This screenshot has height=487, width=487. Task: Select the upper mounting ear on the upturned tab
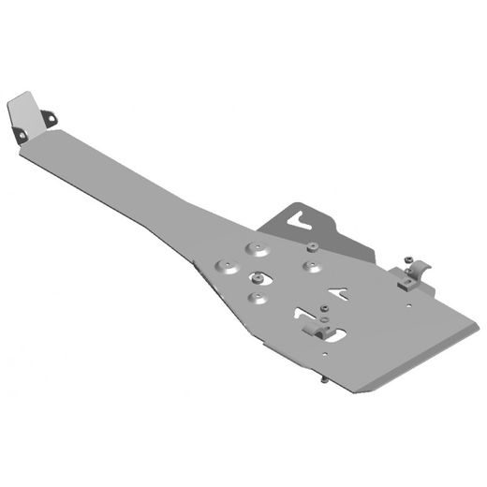(x=50, y=116)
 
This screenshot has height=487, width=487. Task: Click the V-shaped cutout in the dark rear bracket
(x=302, y=223)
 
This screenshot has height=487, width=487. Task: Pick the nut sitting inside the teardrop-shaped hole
(x=255, y=278)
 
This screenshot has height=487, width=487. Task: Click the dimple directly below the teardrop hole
(x=252, y=297)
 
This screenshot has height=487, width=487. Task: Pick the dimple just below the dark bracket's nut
(x=310, y=265)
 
